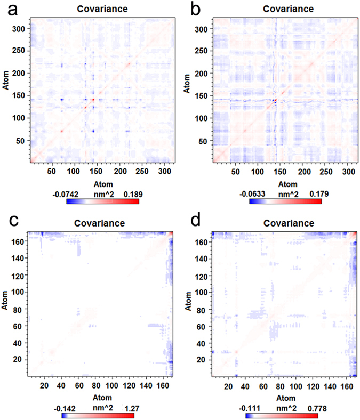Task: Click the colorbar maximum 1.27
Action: pyautogui.click(x=125, y=408)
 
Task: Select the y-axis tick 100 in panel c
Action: pyautogui.click(x=18, y=292)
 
